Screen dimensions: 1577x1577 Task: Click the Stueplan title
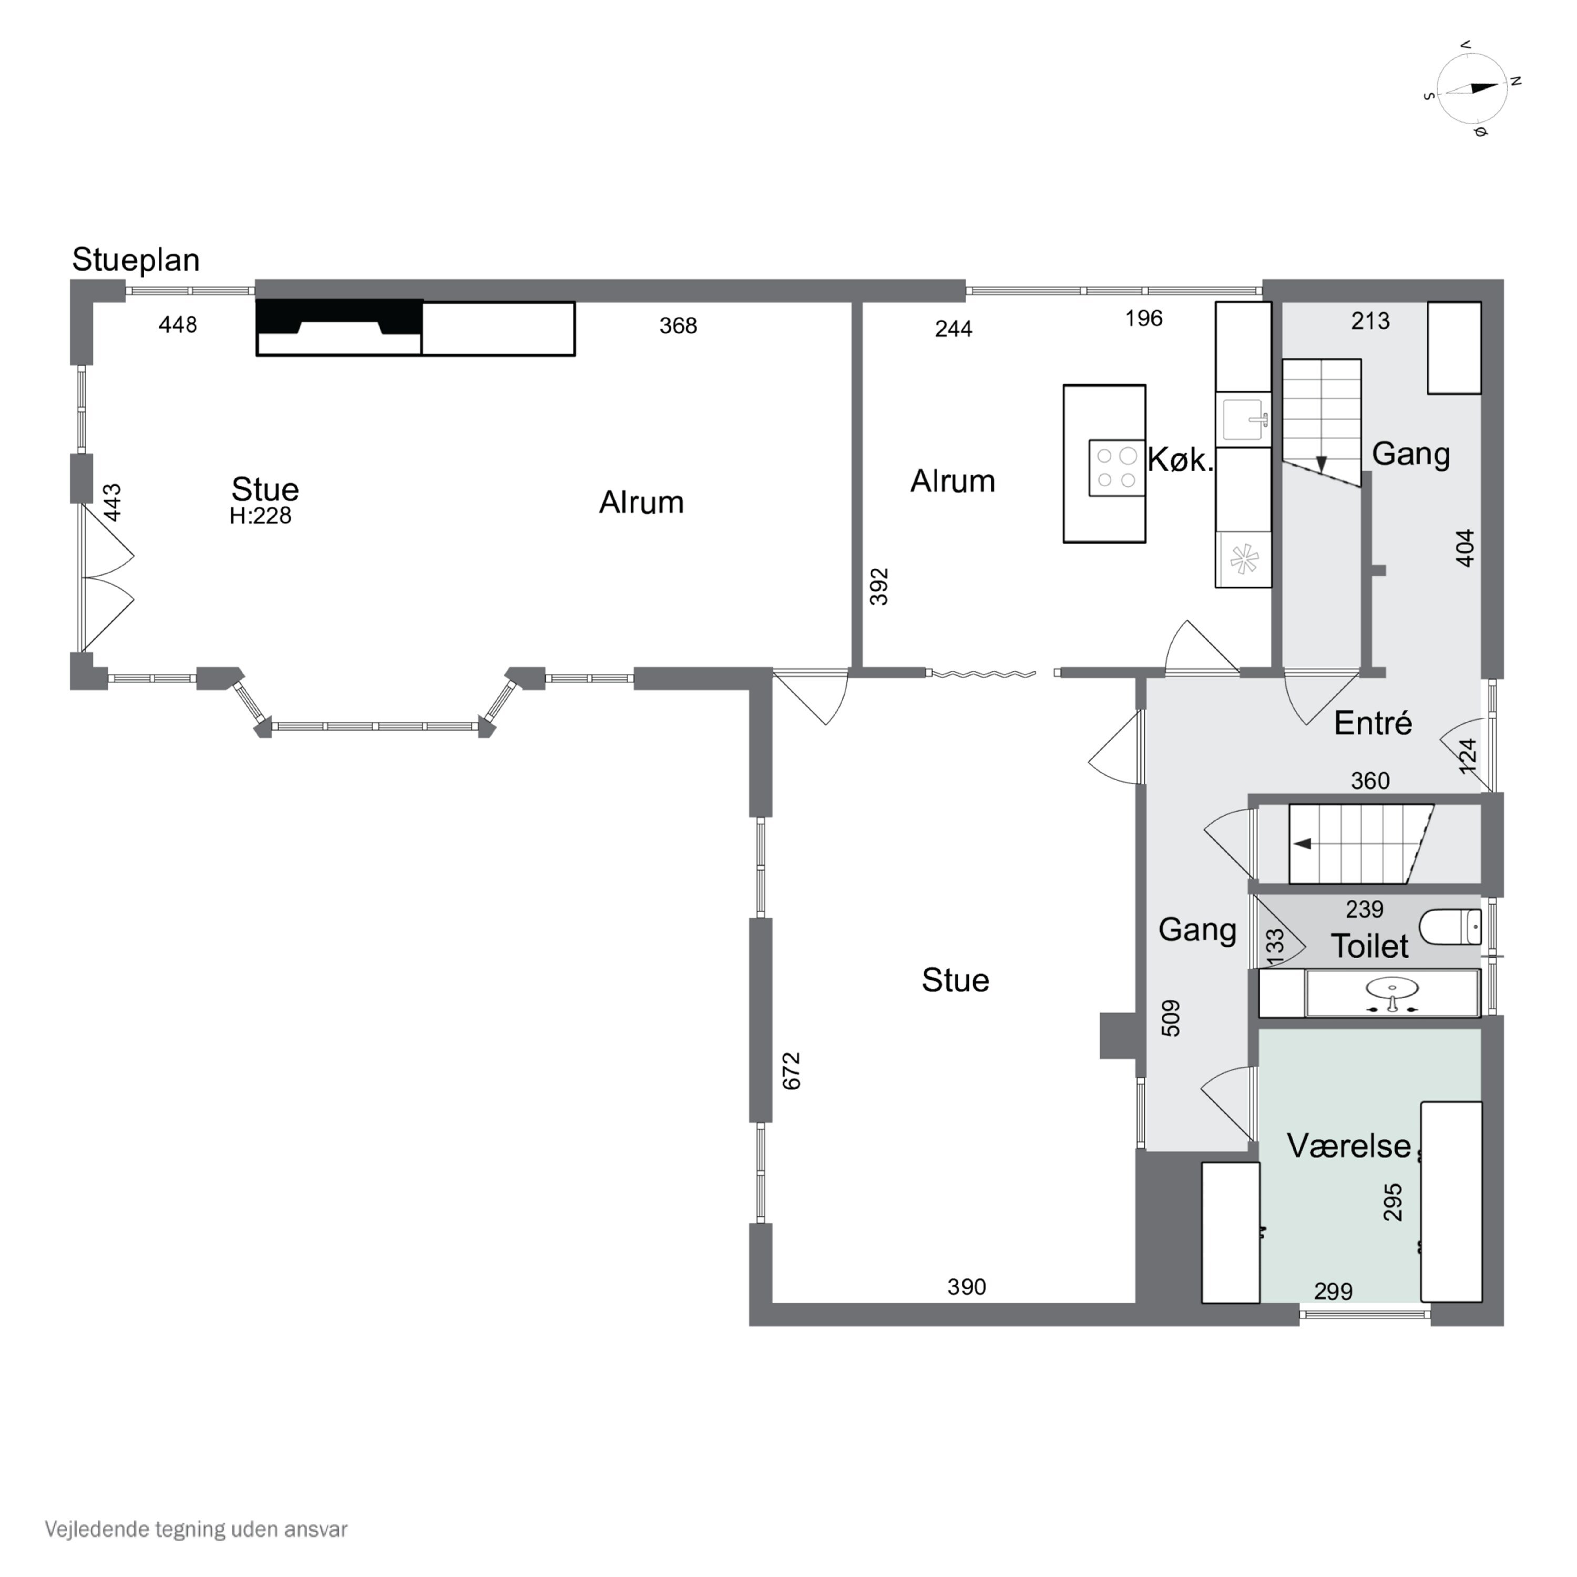[x=136, y=260]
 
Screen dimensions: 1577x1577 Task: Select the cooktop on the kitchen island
[x=1116, y=468]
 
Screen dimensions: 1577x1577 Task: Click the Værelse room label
[x=1348, y=1146]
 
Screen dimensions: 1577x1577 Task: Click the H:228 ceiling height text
[x=260, y=516]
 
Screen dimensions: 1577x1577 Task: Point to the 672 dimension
[x=791, y=1071]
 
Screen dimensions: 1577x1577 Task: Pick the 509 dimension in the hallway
[x=1171, y=1019]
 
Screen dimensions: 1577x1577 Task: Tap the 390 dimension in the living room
[x=967, y=1287]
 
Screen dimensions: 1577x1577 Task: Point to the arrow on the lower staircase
[x=1303, y=843]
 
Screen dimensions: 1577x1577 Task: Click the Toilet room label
[x=1370, y=947]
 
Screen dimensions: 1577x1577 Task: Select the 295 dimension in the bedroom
[x=1392, y=1202]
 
